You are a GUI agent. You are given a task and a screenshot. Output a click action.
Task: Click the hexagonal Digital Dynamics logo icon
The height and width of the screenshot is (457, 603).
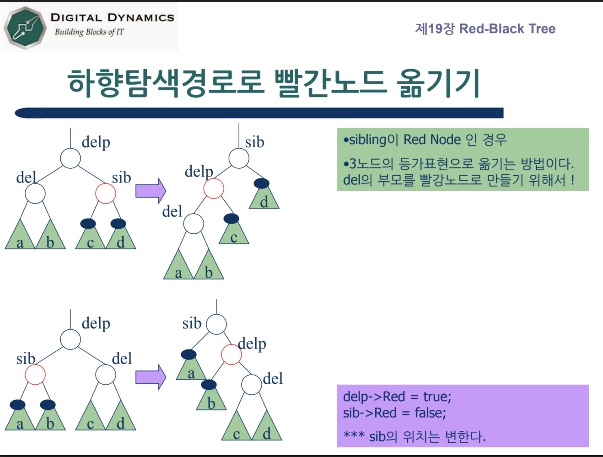pyautogui.click(x=25, y=27)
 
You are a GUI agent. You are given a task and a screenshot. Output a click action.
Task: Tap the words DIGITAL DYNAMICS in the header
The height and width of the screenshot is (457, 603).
pyautogui.click(x=112, y=18)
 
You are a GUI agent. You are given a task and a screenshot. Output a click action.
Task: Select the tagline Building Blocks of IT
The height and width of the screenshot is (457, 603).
pyautogui.click(x=89, y=32)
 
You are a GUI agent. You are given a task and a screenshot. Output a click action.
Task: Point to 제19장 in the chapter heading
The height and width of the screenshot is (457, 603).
pyautogui.click(x=435, y=29)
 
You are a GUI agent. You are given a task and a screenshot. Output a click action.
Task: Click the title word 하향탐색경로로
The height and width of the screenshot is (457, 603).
pyautogui.click(x=166, y=83)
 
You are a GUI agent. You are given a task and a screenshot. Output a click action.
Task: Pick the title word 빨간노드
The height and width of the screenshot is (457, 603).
pyautogui.click(x=330, y=83)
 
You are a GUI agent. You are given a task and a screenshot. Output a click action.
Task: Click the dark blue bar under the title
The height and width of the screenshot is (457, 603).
pyautogui.click(x=259, y=113)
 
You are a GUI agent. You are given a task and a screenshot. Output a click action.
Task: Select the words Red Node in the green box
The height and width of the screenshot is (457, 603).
pyautogui.click(x=432, y=140)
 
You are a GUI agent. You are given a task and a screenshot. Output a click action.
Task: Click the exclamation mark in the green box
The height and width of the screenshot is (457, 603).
pyautogui.click(x=572, y=180)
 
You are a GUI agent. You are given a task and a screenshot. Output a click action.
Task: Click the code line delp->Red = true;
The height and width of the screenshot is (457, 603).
pyautogui.click(x=397, y=397)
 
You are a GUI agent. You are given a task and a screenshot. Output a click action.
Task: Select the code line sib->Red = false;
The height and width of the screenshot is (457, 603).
pyautogui.click(x=394, y=413)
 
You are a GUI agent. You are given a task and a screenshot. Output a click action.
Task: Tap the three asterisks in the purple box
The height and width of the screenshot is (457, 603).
pyautogui.click(x=354, y=435)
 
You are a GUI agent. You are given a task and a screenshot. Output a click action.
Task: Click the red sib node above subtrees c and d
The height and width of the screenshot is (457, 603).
pyautogui.click(x=106, y=194)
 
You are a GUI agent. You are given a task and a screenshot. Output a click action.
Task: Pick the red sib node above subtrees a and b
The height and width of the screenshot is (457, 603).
pyautogui.click(x=35, y=375)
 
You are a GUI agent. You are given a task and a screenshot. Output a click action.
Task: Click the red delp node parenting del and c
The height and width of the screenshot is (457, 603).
pyautogui.click(x=214, y=188)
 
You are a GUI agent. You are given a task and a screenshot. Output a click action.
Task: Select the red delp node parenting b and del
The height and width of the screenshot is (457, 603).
pyautogui.click(x=232, y=355)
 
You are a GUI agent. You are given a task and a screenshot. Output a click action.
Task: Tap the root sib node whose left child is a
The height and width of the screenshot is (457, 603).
pyautogui.click(x=216, y=324)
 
